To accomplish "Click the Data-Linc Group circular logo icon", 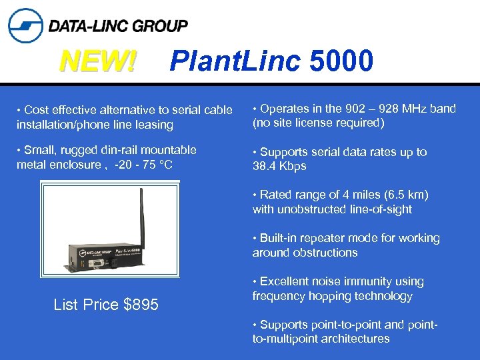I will [25, 25].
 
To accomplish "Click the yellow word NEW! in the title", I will [98, 63].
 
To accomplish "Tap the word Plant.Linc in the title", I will [235, 61].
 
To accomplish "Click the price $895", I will [141, 305].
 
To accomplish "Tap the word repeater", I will [322, 238].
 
